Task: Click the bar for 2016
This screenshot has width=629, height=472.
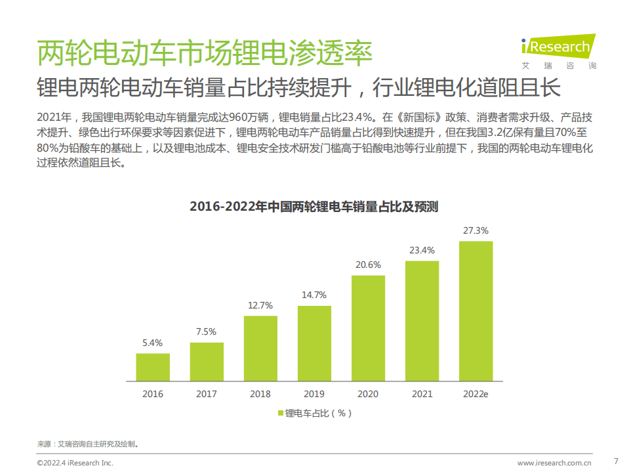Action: point(153,368)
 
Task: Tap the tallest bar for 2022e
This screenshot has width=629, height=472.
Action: point(476,311)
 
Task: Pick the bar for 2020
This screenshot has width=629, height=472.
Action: point(368,328)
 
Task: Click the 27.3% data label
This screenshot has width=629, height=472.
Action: point(476,231)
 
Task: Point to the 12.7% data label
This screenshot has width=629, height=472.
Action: point(260,305)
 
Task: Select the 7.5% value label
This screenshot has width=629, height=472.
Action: point(207,332)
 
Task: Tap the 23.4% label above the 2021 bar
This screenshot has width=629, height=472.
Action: point(422,250)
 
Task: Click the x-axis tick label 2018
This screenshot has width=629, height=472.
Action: point(260,394)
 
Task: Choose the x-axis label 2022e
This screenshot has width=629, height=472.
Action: point(476,394)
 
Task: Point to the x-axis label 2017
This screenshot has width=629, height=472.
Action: point(207,394)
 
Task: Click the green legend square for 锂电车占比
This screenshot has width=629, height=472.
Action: point(281,413)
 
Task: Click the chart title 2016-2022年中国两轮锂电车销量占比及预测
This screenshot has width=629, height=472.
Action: point(314,207)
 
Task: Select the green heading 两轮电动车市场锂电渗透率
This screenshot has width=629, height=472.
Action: point(204,53)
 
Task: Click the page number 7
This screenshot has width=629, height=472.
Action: point(615,460)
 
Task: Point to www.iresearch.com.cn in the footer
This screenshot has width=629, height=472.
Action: point(554,463)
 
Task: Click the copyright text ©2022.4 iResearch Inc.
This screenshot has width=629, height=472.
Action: point(75,463)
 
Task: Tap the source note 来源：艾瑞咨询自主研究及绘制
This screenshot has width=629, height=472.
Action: point(88,444)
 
